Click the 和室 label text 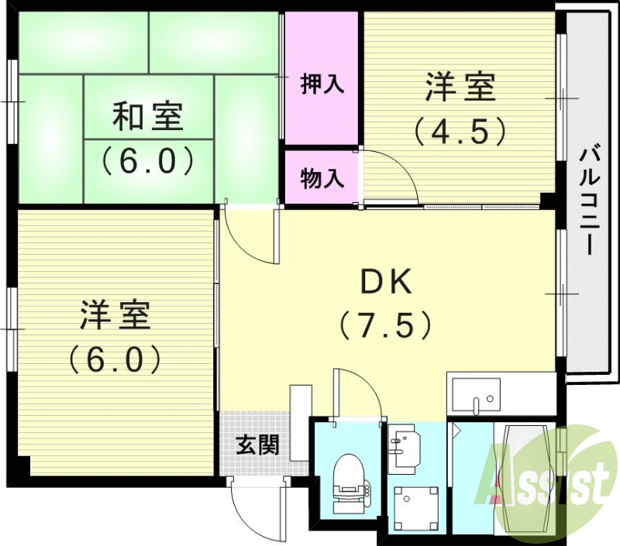pyautogui.click(x=147, y=118)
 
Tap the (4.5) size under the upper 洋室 pyautogui.click(x=460, y=129)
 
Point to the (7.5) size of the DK pyautogui.click(x=385, y=325)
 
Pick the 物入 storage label pyautogui.click(x=322, y=179)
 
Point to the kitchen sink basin pyautogui.click(x=474, y=396)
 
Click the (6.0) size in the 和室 pyautogui.click(x=147, y=161)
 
